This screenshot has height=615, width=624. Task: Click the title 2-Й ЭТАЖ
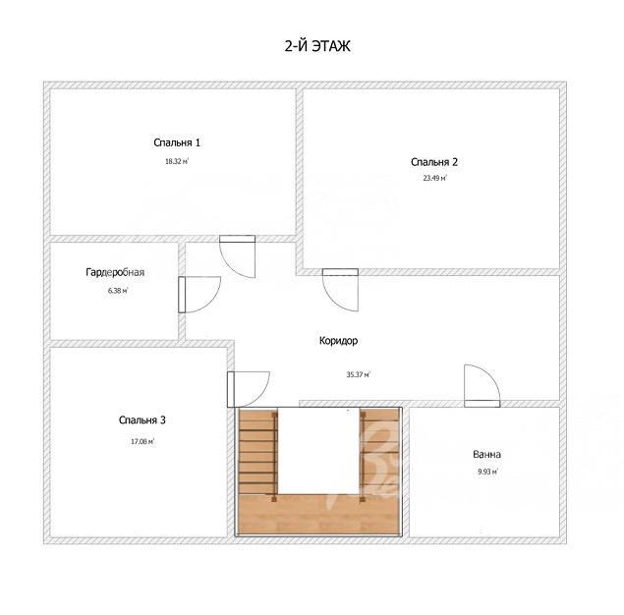click(317, 46)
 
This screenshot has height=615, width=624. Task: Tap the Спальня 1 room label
click(177, 142)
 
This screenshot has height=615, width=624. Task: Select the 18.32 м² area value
click(177, 161)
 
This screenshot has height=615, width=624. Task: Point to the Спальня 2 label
click(434, 162)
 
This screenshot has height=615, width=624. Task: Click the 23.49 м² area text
click(435, 178)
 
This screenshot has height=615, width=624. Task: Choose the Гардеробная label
click(115, 272)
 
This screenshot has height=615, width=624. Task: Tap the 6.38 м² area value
click(118, 291)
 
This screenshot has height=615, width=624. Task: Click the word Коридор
click(338, 341)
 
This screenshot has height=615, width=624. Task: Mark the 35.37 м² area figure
click(358, 374)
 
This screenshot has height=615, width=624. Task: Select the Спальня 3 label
click(142, 420)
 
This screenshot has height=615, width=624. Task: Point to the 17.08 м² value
click(142, 441)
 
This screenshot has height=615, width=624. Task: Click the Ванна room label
click(486, 454)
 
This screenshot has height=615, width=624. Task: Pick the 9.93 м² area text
click(487, 472)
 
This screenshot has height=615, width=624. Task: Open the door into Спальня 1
click(238, 256)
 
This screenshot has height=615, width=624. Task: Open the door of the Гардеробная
click(199, 295)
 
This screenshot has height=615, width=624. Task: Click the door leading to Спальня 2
click(340, 290)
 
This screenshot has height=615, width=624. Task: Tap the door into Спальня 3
click(248, 389)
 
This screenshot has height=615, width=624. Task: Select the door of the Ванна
click(482, 386)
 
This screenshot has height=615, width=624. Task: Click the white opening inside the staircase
click(318, 451)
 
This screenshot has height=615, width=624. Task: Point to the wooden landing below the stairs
click(318, 514)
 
